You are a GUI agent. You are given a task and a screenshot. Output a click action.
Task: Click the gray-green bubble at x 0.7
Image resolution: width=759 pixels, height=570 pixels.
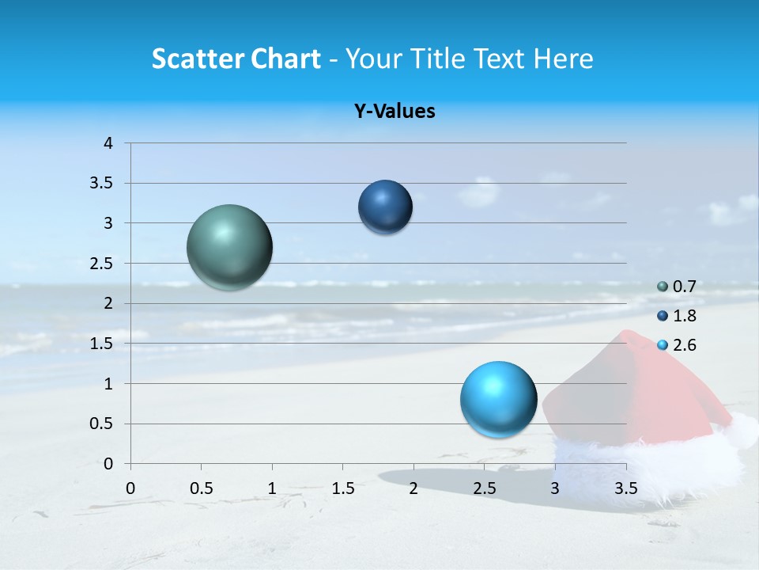[230, 247]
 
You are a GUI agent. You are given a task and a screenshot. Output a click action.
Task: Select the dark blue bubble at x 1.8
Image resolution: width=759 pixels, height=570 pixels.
[385, 207]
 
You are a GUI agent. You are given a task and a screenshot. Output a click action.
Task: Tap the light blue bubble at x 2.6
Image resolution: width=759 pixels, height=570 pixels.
[498, 399]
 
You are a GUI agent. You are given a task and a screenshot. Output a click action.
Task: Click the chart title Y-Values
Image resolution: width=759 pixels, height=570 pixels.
[395, 112]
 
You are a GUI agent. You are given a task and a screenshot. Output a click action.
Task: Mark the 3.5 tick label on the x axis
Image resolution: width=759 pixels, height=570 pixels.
[625, 488]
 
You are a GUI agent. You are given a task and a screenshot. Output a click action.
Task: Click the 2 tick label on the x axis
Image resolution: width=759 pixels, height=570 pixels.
[413, 488]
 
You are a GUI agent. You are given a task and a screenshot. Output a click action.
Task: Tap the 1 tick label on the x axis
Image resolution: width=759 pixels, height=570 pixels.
[272, 488]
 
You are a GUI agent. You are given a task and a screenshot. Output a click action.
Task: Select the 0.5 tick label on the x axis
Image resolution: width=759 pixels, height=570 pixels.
[201, 488]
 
